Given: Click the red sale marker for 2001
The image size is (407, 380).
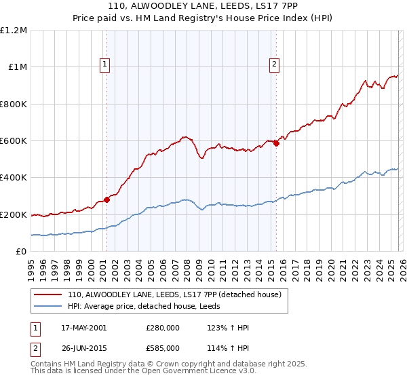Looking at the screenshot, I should coord(106,200).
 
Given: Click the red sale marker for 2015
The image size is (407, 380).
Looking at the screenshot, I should coord(276,143).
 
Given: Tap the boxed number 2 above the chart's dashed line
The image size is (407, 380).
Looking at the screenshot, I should coord(274,64).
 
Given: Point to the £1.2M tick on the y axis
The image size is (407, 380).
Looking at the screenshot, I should coord(14,31).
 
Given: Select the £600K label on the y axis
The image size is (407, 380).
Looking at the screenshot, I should coord(14,141).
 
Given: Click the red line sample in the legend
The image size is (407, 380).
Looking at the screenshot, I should coord(50,294).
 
